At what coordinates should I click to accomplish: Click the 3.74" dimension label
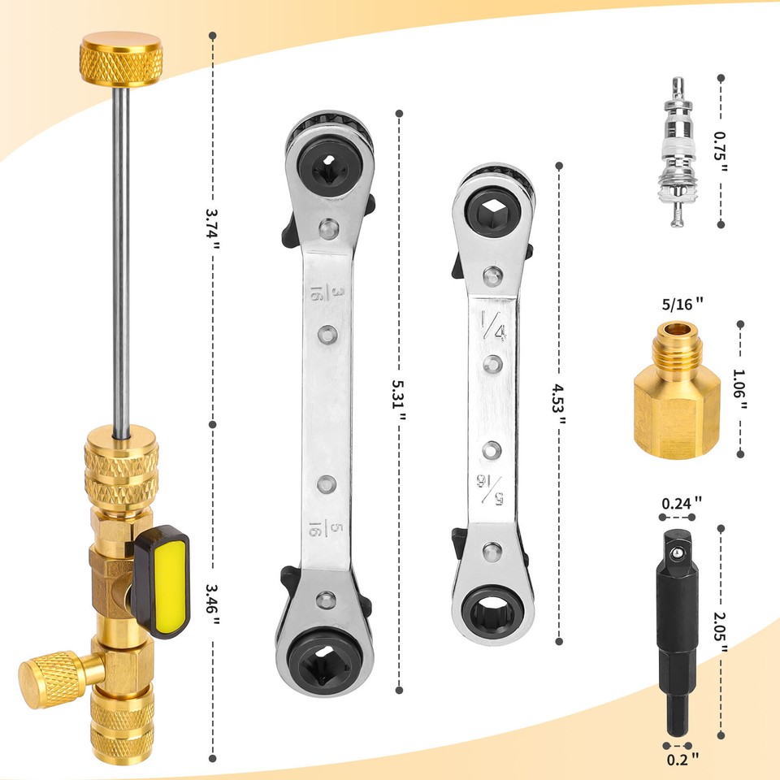click(x=212, y=230)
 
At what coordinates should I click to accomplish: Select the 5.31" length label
click(x=398, y=401)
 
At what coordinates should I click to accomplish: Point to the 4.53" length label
click(x=559, y=404)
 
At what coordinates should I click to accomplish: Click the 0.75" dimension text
click(x=721, y=152)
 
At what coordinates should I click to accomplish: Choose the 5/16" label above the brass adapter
click(x=682, y=303)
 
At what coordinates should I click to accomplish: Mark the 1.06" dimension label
click(x=739, y=389)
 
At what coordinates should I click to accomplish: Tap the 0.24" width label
click(x=681, y=503)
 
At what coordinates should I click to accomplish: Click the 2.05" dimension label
click(x=721, y=632)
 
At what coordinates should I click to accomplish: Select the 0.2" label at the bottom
click(x=682, y=759)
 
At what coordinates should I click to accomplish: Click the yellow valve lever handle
click(x=162, y=582)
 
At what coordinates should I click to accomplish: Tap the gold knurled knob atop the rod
click(x=121, y=58)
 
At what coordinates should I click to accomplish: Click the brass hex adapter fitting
click(x=677, y=390)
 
